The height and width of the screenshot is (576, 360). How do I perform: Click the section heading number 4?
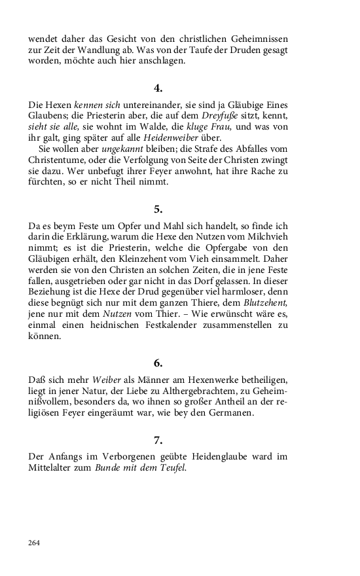coord(158,88)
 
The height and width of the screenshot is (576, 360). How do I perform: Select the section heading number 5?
coord(158,209)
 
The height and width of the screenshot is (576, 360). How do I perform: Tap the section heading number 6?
coord(158,363)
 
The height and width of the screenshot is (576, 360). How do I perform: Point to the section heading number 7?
coord(158,440)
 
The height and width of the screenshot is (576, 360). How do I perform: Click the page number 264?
coord(34,543)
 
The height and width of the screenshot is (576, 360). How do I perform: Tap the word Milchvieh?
coord(264,226)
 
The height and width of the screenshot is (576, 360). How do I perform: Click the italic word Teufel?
coord(173,467)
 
